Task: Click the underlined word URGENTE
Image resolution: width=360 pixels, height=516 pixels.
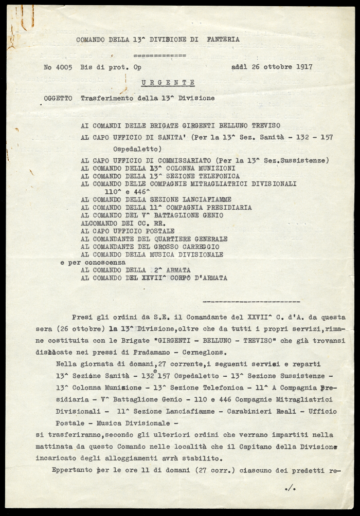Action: tap(169, 82)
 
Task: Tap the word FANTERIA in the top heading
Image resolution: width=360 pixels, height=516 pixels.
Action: tap(223, 39)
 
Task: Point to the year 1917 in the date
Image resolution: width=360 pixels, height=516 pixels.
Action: tap(302, 67)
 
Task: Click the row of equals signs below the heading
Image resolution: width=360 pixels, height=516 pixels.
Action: tap(159, 54)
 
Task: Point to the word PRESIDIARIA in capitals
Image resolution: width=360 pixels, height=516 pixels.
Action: tap(228, 208)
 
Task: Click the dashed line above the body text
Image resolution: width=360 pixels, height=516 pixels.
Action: tap(251, 301)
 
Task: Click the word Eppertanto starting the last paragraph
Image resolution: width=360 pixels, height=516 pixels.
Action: tap(74, 470)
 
